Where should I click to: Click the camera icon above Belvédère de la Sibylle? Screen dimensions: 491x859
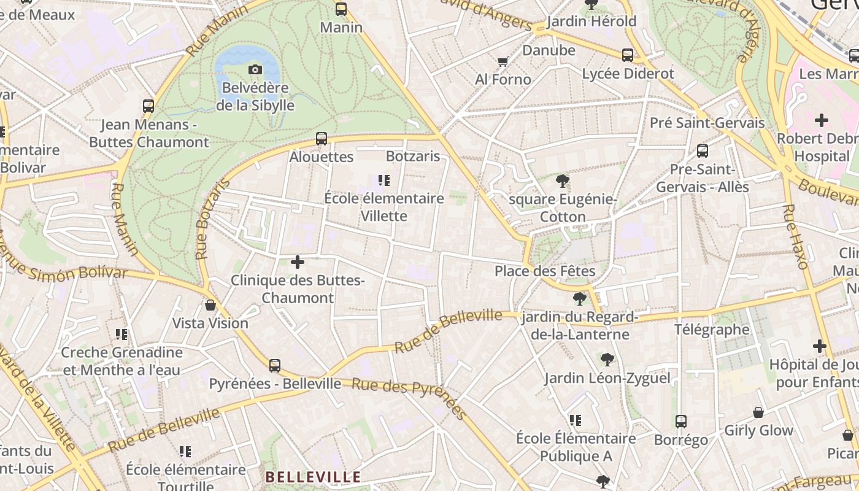(x=255, y=70)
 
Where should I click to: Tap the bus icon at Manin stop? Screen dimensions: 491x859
(x=341, y=9)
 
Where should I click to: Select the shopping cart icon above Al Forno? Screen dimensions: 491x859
(x=503, y=61)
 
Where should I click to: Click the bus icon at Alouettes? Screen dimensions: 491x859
(x=322, y=139)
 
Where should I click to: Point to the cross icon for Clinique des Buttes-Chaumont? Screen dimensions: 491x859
(x=298, y=263)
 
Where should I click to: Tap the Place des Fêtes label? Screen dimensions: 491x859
(x=545, y=271)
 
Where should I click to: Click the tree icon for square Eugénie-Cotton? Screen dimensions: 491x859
(x=562, y=181)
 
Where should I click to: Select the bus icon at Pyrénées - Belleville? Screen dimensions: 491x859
(x=275, y=366)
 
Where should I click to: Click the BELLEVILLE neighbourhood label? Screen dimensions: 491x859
(x=313, y=477)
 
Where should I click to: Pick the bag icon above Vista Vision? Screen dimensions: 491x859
(x=210, y=305)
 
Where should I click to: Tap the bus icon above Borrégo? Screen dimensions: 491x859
(x=681, y=422)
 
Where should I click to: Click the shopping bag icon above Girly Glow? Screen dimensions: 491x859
(x=758, y=412)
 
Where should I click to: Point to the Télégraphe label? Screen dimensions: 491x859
(x=712, y=330)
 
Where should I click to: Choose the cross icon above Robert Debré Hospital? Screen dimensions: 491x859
(x=821, y=120)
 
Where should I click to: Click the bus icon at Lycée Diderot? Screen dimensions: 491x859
(x=628, y=55)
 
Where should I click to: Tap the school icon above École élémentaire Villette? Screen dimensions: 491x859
(x=384, y=180)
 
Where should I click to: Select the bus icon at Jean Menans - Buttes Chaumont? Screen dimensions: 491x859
(x=148, y=106)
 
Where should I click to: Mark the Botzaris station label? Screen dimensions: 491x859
(x=413, y=156)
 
